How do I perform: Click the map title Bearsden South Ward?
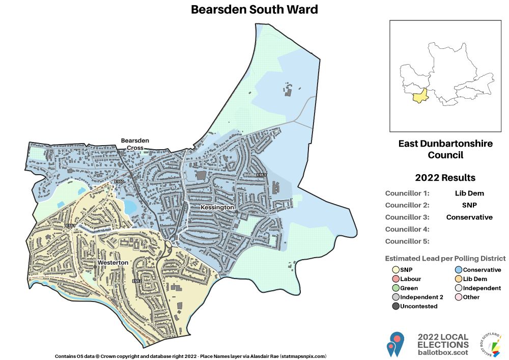point(254,10)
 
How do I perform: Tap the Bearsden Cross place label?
point(132,144)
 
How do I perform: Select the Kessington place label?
point(217,208)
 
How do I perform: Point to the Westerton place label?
point(112,262)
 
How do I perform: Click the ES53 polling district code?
point(262,175)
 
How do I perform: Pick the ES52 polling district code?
point(136,281)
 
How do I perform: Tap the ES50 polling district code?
point(119,182)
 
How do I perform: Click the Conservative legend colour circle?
point(458,270)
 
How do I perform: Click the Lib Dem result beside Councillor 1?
point(469,193)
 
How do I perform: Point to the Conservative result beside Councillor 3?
point(469,217)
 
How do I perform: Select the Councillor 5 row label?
point(407,241)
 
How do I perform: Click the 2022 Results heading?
point(445,178)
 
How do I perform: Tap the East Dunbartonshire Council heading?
point(445,149)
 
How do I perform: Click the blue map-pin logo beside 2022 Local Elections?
point(395,344)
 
